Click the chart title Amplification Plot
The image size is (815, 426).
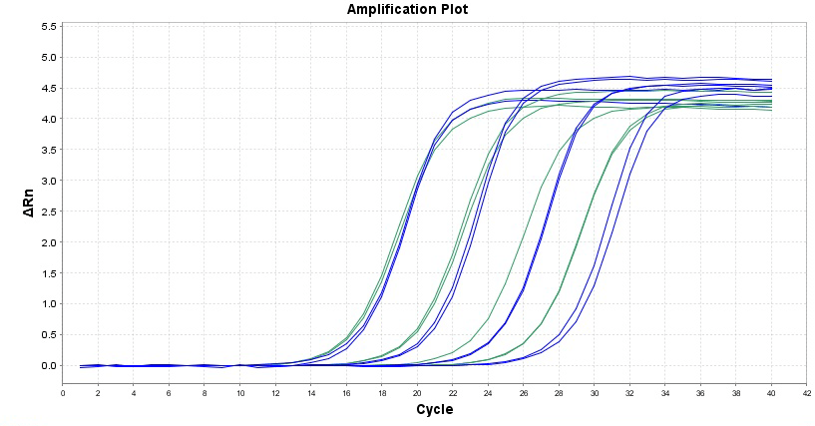pos(407,9)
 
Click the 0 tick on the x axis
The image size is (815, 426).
pos(63,393)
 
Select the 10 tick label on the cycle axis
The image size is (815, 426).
pos(239,393)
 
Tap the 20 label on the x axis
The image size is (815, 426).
pos(417,393)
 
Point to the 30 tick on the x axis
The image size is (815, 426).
pos(594,393)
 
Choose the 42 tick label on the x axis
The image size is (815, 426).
pos(806,393)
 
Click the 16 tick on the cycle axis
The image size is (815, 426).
pos(346,393)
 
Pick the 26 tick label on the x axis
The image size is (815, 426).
pos(523,393)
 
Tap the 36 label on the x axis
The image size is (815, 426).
pos(700,393)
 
